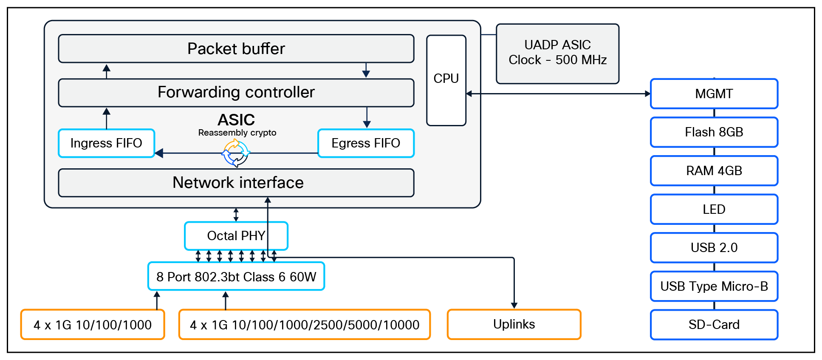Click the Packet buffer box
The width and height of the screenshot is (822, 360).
[236, 48]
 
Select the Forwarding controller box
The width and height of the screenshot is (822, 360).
[236, 92]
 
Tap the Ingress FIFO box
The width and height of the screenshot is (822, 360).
[106, 143]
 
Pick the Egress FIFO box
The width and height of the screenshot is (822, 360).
[366, 143]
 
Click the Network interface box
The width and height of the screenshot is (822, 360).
[236, 183]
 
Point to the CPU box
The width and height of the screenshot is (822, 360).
[446, 80]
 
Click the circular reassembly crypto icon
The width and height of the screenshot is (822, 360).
[236, 153]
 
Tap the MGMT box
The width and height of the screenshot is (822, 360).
[714, 94]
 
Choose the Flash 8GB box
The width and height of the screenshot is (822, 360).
[714, 132]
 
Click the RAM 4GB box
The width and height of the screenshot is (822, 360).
[714, 171]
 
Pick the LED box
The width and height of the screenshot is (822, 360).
[714, 209]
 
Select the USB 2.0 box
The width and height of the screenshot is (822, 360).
[714, 248]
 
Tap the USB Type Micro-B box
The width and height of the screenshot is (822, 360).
[714, 286]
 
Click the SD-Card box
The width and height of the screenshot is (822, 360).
[714, 325]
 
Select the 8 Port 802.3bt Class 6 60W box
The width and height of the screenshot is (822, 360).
[236, 277]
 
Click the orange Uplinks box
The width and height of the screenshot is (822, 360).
[514, 324]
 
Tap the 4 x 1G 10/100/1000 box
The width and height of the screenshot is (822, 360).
[93, 325]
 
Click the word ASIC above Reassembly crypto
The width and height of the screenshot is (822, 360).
[236, 120]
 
